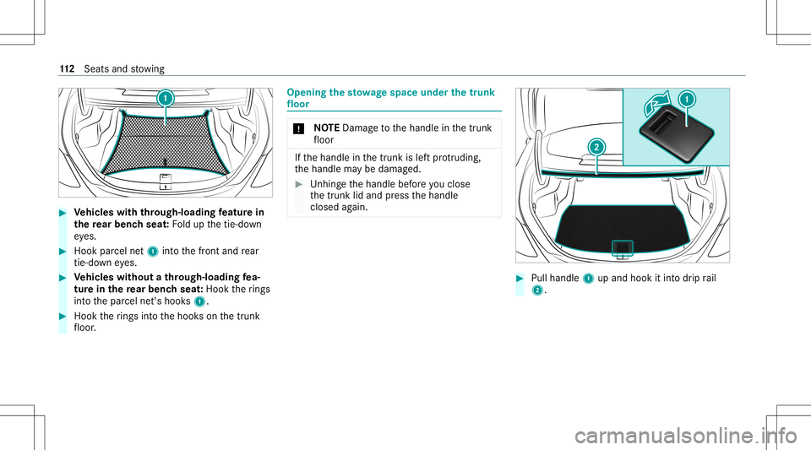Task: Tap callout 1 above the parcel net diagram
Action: pyautogui.click(x=166, y=97)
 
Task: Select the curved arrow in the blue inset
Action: pyautogui.click(x=654, y=107)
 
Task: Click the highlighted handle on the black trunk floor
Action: pyautogui.click(x=623, y=247)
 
